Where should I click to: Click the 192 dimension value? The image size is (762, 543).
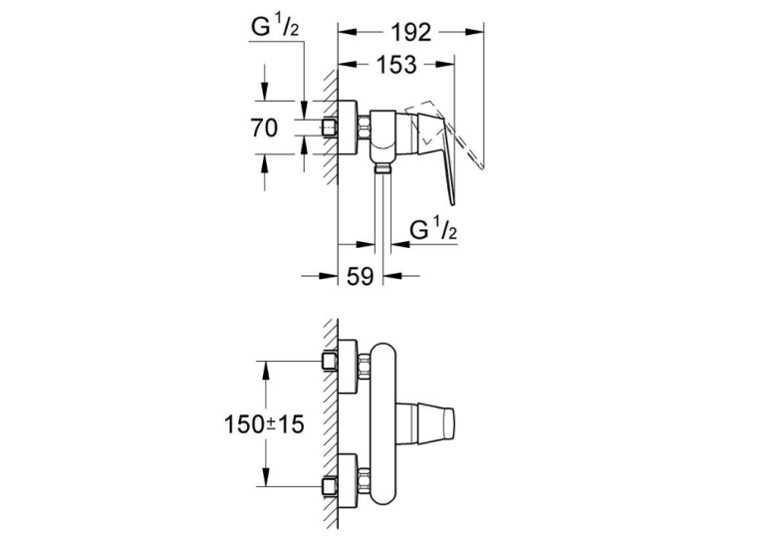(410, 33)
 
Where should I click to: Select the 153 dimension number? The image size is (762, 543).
(396, 65)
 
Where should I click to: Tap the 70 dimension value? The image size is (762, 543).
(264, 128)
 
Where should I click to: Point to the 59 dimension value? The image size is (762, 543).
(361, 276)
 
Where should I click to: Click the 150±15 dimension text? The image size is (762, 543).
(264, 423)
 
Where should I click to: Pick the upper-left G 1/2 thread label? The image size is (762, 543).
(275, 27)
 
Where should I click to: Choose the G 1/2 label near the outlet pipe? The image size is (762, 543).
(433, 229)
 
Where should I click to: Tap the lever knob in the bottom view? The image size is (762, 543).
(426, 423)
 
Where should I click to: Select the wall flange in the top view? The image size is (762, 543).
(348, 128)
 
